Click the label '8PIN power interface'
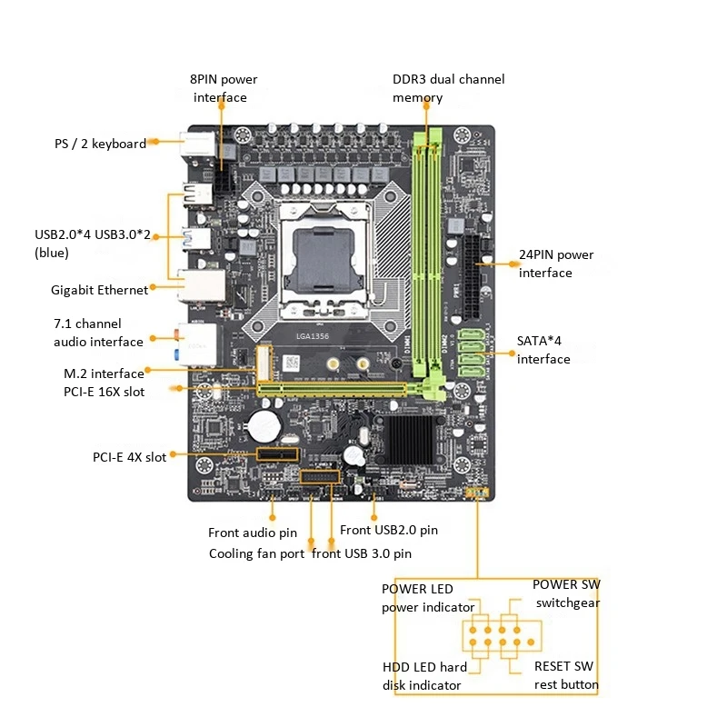pos(224,88)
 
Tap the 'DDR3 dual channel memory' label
pos(448,88)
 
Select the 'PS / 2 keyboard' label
pos(100,144)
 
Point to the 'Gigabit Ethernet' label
pos(99,290)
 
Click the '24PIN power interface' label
pos(556,264)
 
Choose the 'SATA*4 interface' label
pos(543,350)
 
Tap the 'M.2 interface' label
pos(104,373)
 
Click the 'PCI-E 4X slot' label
pos(129,457)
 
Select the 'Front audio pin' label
pos(253,533)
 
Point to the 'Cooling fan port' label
pos(256,553)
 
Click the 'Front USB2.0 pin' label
pos(388,530)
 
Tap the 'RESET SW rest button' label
pos(565,675)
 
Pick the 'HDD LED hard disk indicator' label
pos(424,676)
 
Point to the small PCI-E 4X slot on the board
pos(277,454)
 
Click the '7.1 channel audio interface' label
pos(98,333)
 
